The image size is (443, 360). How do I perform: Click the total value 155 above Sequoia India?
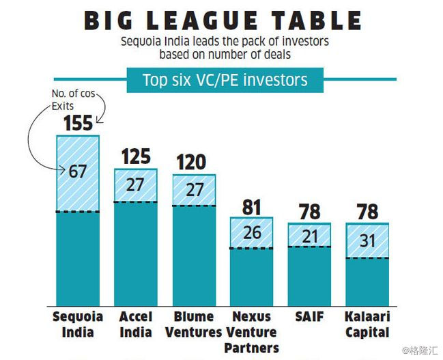point(78,124)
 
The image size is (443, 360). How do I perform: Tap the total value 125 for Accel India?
point(136,156)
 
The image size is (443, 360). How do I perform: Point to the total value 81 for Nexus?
point(252,206)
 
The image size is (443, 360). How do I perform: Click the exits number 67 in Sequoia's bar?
point(78,171)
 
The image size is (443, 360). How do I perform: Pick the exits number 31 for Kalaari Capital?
point(368,240)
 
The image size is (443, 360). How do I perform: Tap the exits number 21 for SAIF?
point(309,235)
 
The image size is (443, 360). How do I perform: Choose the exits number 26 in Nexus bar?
point(252,232)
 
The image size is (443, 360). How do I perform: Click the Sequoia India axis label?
point(78,324)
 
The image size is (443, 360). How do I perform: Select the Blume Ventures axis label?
point(195,324)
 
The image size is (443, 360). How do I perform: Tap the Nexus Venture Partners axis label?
point(252,332)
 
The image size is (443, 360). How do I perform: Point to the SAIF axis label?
point(309,317)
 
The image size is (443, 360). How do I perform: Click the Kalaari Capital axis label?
point(368,324)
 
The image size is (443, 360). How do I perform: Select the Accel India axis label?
point(136,324)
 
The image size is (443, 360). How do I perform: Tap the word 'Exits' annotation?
point(62,106)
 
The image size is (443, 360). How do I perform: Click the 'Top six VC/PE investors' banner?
point(225,80)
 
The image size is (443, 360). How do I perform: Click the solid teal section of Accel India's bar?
point(136,253)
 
